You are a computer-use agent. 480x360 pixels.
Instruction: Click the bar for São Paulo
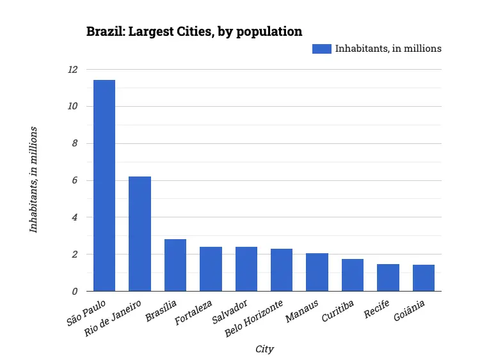pyautogui.click(x=104, y=185)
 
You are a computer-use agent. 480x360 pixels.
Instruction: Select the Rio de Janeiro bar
pyautogui.click(x=140, y=233)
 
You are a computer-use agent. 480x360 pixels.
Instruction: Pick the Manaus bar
pyautogui.click(x=317, y=272)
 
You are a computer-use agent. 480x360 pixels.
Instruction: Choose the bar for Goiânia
pyautogui.click(x=423, y=278)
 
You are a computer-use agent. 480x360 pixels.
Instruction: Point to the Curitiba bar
pyautogui.click(x=352, y=275)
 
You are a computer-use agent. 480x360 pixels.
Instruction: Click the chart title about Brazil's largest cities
pyautogui.click(x=194, y=31)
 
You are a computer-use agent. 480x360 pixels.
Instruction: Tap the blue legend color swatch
pyautogui.click(x=321, y=49)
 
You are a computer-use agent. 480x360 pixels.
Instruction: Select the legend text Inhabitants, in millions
pyautogui.click(x=388, y=49)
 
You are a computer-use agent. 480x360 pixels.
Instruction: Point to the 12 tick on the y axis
pyautogui.click(x=72, y=70)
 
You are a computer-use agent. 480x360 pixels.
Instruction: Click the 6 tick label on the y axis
pyautogui.click(x=75, y=181)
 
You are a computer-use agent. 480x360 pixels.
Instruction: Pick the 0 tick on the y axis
pyautogui.click(x=75, y=292)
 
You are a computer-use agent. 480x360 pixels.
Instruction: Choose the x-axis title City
pyautogui.click(x=264, y=349)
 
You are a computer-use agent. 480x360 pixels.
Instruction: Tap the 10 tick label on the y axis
pyautogui.click(x=72, y=107)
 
